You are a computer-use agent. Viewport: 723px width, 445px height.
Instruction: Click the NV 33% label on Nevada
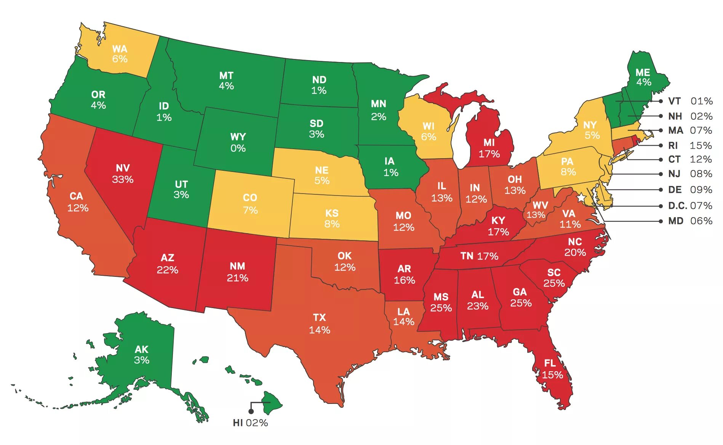click(x=123, y=174)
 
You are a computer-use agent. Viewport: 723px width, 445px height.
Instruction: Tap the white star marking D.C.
click(x=581, y=198)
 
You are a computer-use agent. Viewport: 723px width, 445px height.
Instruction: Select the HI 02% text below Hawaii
click(x=250, y=423)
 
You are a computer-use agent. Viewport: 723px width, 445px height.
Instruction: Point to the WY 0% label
click(x=238, y=143)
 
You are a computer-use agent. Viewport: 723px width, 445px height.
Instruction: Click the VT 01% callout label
click(x=690, y=101)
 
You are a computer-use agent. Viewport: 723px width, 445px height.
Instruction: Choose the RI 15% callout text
click(x=690, y=145)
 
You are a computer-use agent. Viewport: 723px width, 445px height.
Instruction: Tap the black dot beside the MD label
click(x=661, y=221)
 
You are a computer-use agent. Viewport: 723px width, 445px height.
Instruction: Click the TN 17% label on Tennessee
click(x=479, y=256)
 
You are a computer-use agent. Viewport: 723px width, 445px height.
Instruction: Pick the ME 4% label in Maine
click(x=643, y=77)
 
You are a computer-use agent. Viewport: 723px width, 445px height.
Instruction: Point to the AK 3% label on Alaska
click(x=141, y=354)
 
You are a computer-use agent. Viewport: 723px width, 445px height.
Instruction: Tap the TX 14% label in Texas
click(x=319, y=324)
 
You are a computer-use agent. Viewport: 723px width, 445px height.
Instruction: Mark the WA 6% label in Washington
click(x=120, y=54)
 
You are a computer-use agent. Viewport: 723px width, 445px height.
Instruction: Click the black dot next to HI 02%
click(x=251, y=411)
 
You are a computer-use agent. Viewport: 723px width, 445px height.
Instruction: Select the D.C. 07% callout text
click(x=690, y=206)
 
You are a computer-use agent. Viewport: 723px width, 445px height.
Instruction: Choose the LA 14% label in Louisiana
click(x=403, y=316)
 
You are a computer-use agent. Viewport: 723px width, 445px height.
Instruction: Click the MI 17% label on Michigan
click(x=489, y=148)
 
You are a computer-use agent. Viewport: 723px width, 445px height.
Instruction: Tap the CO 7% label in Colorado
click(x=250, y=204)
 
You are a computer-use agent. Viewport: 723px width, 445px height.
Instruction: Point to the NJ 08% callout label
click(x=690, y=174)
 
